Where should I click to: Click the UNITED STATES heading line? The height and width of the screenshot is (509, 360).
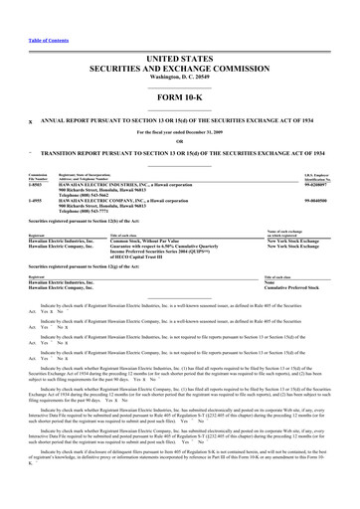(180, 61)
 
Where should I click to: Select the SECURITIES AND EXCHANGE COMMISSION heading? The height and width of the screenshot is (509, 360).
(180, 72)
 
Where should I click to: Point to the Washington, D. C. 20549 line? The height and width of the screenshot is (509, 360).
(180, 81)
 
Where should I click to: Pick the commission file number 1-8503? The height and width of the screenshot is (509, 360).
(37, 184)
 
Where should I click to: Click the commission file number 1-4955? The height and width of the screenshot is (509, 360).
(37, 200)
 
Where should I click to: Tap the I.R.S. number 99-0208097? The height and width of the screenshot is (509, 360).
(313, 184)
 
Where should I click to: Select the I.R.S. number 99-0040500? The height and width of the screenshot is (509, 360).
(313, 200)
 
